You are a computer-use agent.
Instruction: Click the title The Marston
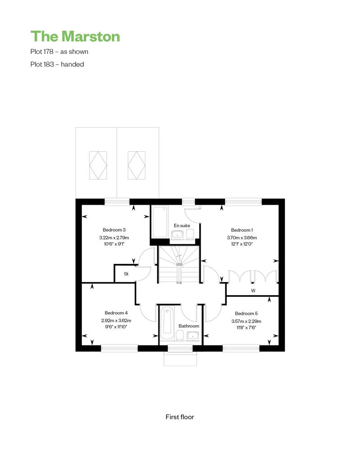[x=75, y=36]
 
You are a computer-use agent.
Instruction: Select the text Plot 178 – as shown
[x=59, y=52]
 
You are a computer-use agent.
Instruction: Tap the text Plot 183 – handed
[x=57, y=64]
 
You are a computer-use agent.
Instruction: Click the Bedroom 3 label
[x=114, y=230]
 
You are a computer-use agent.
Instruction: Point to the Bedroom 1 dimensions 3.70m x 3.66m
[x=242, y=238]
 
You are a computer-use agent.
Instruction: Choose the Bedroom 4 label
[x=116, y=313]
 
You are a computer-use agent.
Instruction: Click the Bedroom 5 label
[x=246, y=313]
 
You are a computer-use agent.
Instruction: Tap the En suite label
[x=182, y=225]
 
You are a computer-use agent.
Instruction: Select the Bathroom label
[x=189, y=326]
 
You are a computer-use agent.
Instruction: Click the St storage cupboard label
[x=126, y=274]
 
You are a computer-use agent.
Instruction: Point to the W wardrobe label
[x=253, y=291]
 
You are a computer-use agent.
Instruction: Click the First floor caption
[x=180, y=417]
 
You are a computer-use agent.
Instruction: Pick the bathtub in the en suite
[x=161, y=222]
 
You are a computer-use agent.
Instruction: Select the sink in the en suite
[x=177, y=235]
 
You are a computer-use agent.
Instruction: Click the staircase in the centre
[x=179, y=264]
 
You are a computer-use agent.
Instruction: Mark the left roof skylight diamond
[x=98, y=165]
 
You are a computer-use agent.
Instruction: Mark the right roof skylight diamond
[x=136, y=165]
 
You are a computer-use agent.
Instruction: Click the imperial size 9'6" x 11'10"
[x=116, y=327]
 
